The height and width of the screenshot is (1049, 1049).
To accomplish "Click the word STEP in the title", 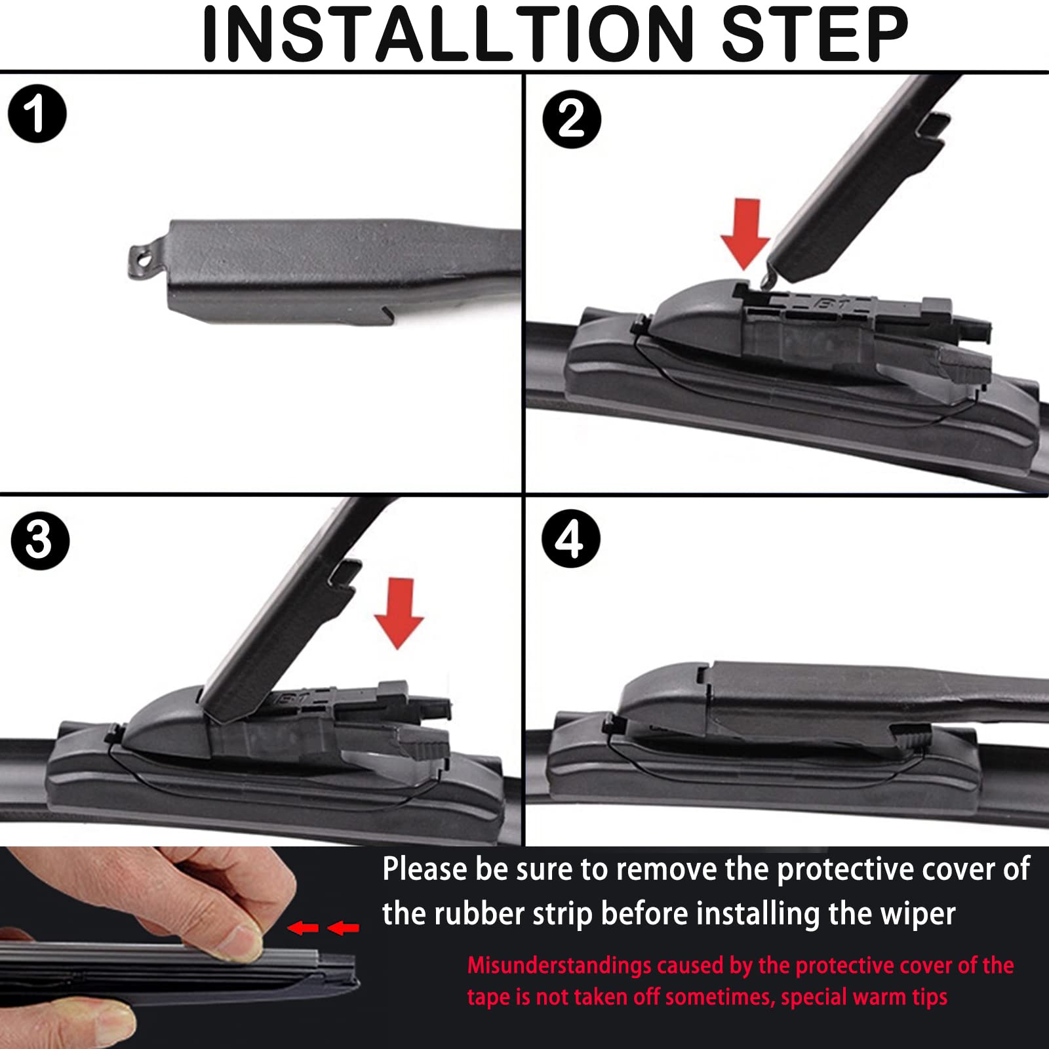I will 815,34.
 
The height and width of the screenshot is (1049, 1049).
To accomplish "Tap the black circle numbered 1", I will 37,113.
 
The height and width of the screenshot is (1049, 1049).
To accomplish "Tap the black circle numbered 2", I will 572,119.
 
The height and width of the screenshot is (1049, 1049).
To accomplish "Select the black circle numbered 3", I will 40,541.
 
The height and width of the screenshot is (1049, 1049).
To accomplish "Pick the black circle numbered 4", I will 570,539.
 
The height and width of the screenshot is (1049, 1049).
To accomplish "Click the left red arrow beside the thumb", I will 303,928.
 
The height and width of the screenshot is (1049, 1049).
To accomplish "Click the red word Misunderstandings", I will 558,965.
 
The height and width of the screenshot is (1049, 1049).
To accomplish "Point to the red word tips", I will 929,997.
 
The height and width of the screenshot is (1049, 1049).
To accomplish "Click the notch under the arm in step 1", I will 387,315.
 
